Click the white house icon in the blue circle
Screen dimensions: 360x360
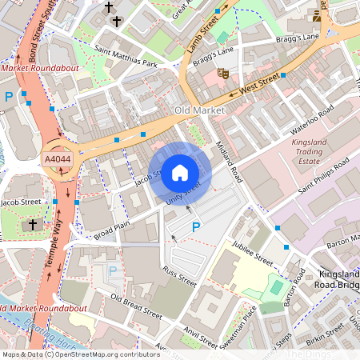[x=180, y=172]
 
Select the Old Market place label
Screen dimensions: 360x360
[x=200, y=109]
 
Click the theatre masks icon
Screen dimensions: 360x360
[x=223, y=73]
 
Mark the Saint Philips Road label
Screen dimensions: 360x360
[x=323, y=176]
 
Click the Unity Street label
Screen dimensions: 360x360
[x=184, y=192]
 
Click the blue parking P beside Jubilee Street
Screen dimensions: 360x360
[x=196, y=227]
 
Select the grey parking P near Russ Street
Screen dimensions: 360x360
[x=113, y=271]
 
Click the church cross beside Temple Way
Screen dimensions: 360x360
[x=33, y=225]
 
